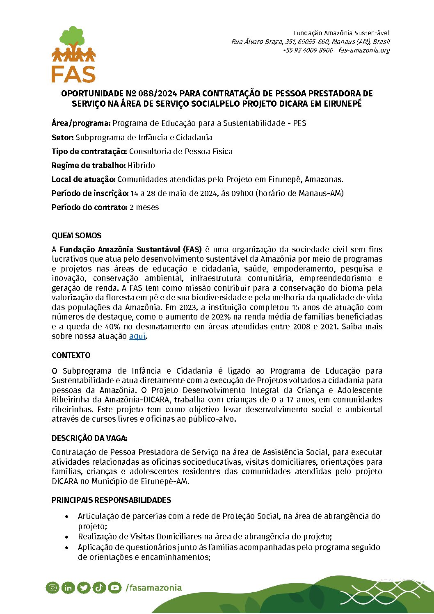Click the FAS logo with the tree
pos(73,54)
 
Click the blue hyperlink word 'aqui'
pos(137,336)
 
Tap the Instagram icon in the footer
pos(53,588)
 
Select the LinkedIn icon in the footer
pos(68,588)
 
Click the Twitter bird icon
pos(84,588)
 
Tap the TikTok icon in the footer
pos(99,588)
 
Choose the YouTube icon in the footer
pos(115,588)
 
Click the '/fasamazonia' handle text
pos(154,588)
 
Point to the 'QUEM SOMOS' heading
pos(76,236)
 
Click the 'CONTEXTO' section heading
pos(71,356)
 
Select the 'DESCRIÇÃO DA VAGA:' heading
pos(89,438)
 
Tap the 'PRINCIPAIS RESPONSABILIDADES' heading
pos(111,500)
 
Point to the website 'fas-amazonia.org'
pos(364,50)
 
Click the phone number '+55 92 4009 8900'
pos(308,50)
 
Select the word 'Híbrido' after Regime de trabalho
pos(141,166)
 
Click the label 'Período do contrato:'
pos(89,208)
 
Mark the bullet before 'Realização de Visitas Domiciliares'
pos(67,537)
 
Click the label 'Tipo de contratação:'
pos(89,152)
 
